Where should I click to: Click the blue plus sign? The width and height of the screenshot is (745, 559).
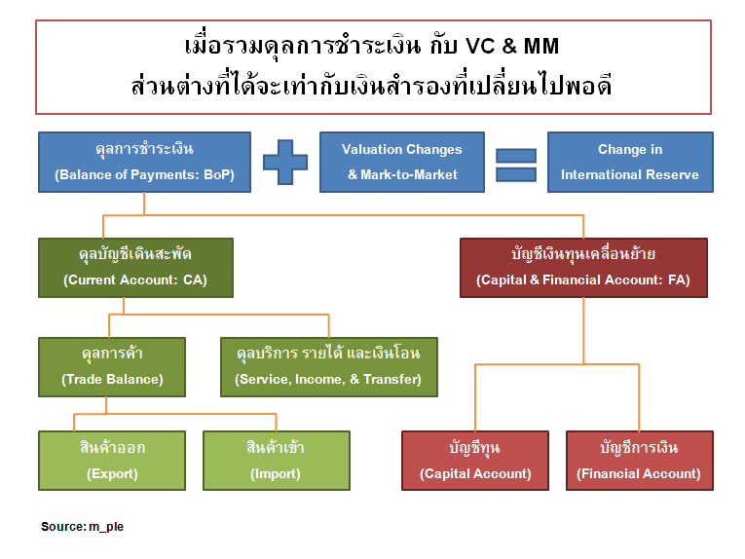[285, 162]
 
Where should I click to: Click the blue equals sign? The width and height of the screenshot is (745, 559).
[516, 165]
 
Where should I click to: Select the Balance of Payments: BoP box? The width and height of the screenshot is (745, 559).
[144, 162]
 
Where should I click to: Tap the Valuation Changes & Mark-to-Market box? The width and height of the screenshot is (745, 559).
[402, 162]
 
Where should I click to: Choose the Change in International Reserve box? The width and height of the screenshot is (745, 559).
[630, 162]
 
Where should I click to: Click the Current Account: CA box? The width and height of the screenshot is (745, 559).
[135, 268]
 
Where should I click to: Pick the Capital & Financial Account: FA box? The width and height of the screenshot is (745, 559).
[583, 268]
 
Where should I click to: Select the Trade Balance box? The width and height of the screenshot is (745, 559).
[112, 367]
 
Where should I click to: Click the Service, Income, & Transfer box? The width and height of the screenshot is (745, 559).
[329, 367]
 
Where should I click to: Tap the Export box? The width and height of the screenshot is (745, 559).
[112, 461]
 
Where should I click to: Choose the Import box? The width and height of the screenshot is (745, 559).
[276, 461]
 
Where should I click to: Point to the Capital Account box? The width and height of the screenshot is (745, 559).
[475, 461]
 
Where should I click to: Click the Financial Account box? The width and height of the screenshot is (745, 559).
[640, 461]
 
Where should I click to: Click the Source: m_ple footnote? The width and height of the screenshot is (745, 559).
[82, 527]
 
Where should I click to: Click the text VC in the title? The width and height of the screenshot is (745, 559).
[480, 46]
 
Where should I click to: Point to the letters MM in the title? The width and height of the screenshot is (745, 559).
[541, 46]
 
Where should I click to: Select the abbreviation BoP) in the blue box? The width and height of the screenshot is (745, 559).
[219, 174]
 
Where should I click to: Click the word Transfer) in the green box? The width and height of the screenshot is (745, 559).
[392, 379]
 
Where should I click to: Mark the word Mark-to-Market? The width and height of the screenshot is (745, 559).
[409, 174]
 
